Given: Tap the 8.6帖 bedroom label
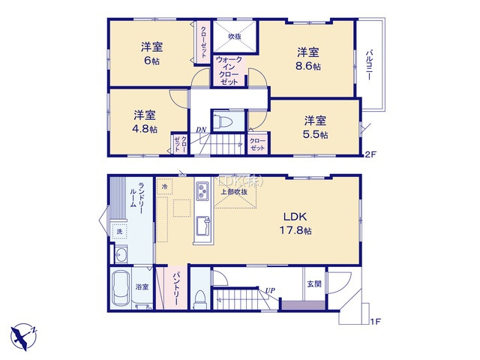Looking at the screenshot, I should click(307, 58).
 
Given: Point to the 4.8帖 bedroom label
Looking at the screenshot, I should click(145, 121).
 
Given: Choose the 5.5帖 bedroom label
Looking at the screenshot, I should click(316, 126).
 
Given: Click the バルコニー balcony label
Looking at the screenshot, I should click(370, 65).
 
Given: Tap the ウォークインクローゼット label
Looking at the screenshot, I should click(229, 70).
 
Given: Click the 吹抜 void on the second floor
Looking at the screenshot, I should click(234, 36).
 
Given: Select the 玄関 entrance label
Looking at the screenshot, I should click(313, 284).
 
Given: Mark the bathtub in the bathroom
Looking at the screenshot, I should click(121, 289).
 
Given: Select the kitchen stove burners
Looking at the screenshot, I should click(202, 192).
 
